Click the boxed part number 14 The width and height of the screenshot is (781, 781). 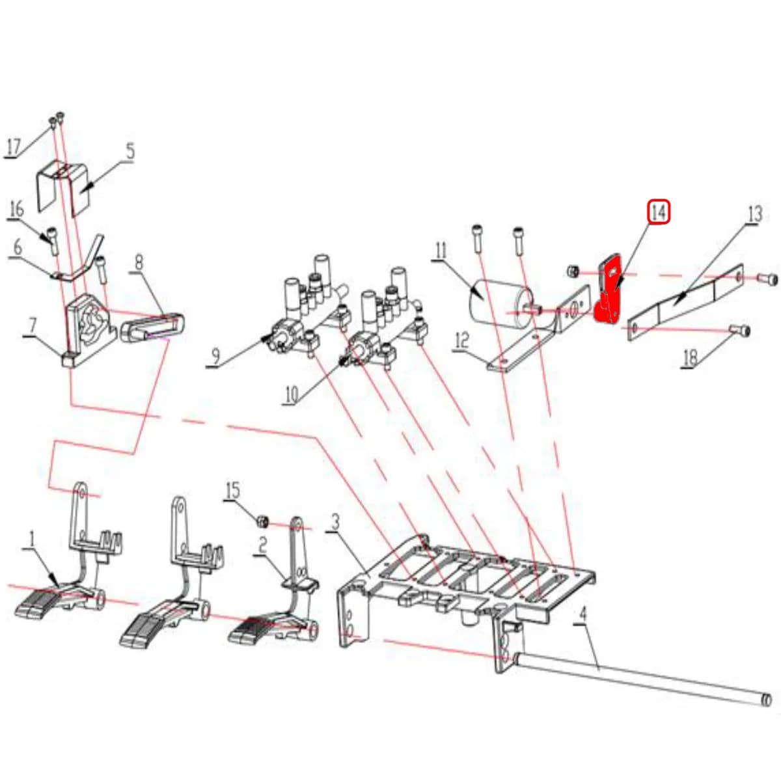(659, 213)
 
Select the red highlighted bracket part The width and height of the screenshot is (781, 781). (608, 294)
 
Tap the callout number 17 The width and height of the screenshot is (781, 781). (13, 146)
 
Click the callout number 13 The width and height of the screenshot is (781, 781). (754, 214)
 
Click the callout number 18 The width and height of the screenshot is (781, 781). (691, 358)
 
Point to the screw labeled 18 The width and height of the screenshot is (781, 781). (741, 330)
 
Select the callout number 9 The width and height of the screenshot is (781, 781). (215, 357)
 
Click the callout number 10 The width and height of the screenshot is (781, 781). (291, 394)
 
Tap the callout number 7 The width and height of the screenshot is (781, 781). (33, 327)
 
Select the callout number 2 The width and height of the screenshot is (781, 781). (263, 546)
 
